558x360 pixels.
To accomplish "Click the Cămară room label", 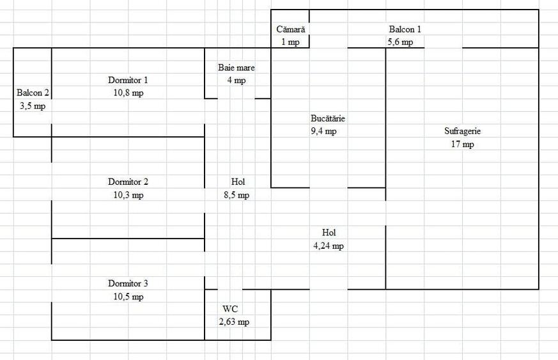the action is point(290,29).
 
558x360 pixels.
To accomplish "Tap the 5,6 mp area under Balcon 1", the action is point(400,42).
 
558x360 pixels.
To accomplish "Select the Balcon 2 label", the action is point(33,93).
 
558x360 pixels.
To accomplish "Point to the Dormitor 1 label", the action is point(128,80).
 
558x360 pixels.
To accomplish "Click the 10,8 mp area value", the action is point(128,93).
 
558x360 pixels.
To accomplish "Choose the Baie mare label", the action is point(236,67).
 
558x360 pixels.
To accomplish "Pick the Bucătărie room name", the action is point(328,118).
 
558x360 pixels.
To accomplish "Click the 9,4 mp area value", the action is point(323,131).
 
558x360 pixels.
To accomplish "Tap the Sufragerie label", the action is point(462,131).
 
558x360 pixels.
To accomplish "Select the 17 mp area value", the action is point(462,145).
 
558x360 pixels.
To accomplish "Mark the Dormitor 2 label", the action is point(128,182).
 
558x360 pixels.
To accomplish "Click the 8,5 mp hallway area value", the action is point(236,195).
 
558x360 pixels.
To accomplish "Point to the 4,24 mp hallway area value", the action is point(329,246).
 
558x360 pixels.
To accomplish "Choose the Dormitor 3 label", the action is point(128,284).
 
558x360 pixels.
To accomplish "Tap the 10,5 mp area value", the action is point(128,297).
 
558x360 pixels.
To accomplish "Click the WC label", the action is point(230,309).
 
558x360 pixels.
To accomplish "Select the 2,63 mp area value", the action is point(234,322).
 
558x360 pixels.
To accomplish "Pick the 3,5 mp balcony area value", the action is point(33,106).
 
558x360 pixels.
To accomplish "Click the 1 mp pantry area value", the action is point(290,42).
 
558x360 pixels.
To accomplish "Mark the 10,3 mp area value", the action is point(128,195).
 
